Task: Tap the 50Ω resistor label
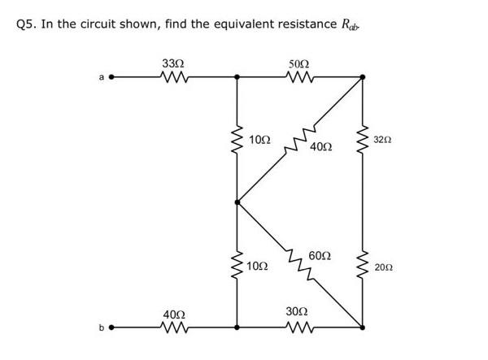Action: [298, 63]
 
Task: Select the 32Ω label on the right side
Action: [383, 141]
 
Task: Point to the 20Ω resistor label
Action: [383, 267]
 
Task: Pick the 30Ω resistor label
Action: [297, 312]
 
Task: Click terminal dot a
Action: [112, 78]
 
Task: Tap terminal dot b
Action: [112, 328]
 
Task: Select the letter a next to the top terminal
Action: [102, 78]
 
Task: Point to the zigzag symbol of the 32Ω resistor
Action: [363, 141]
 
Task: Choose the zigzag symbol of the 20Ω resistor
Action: [363, 266]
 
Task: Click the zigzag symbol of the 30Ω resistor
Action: [298, 328]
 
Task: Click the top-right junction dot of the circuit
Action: [363, 78]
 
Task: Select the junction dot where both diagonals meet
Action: [237, 203]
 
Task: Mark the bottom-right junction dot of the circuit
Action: [363, 328]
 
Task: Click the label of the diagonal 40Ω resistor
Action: [320, 147]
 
